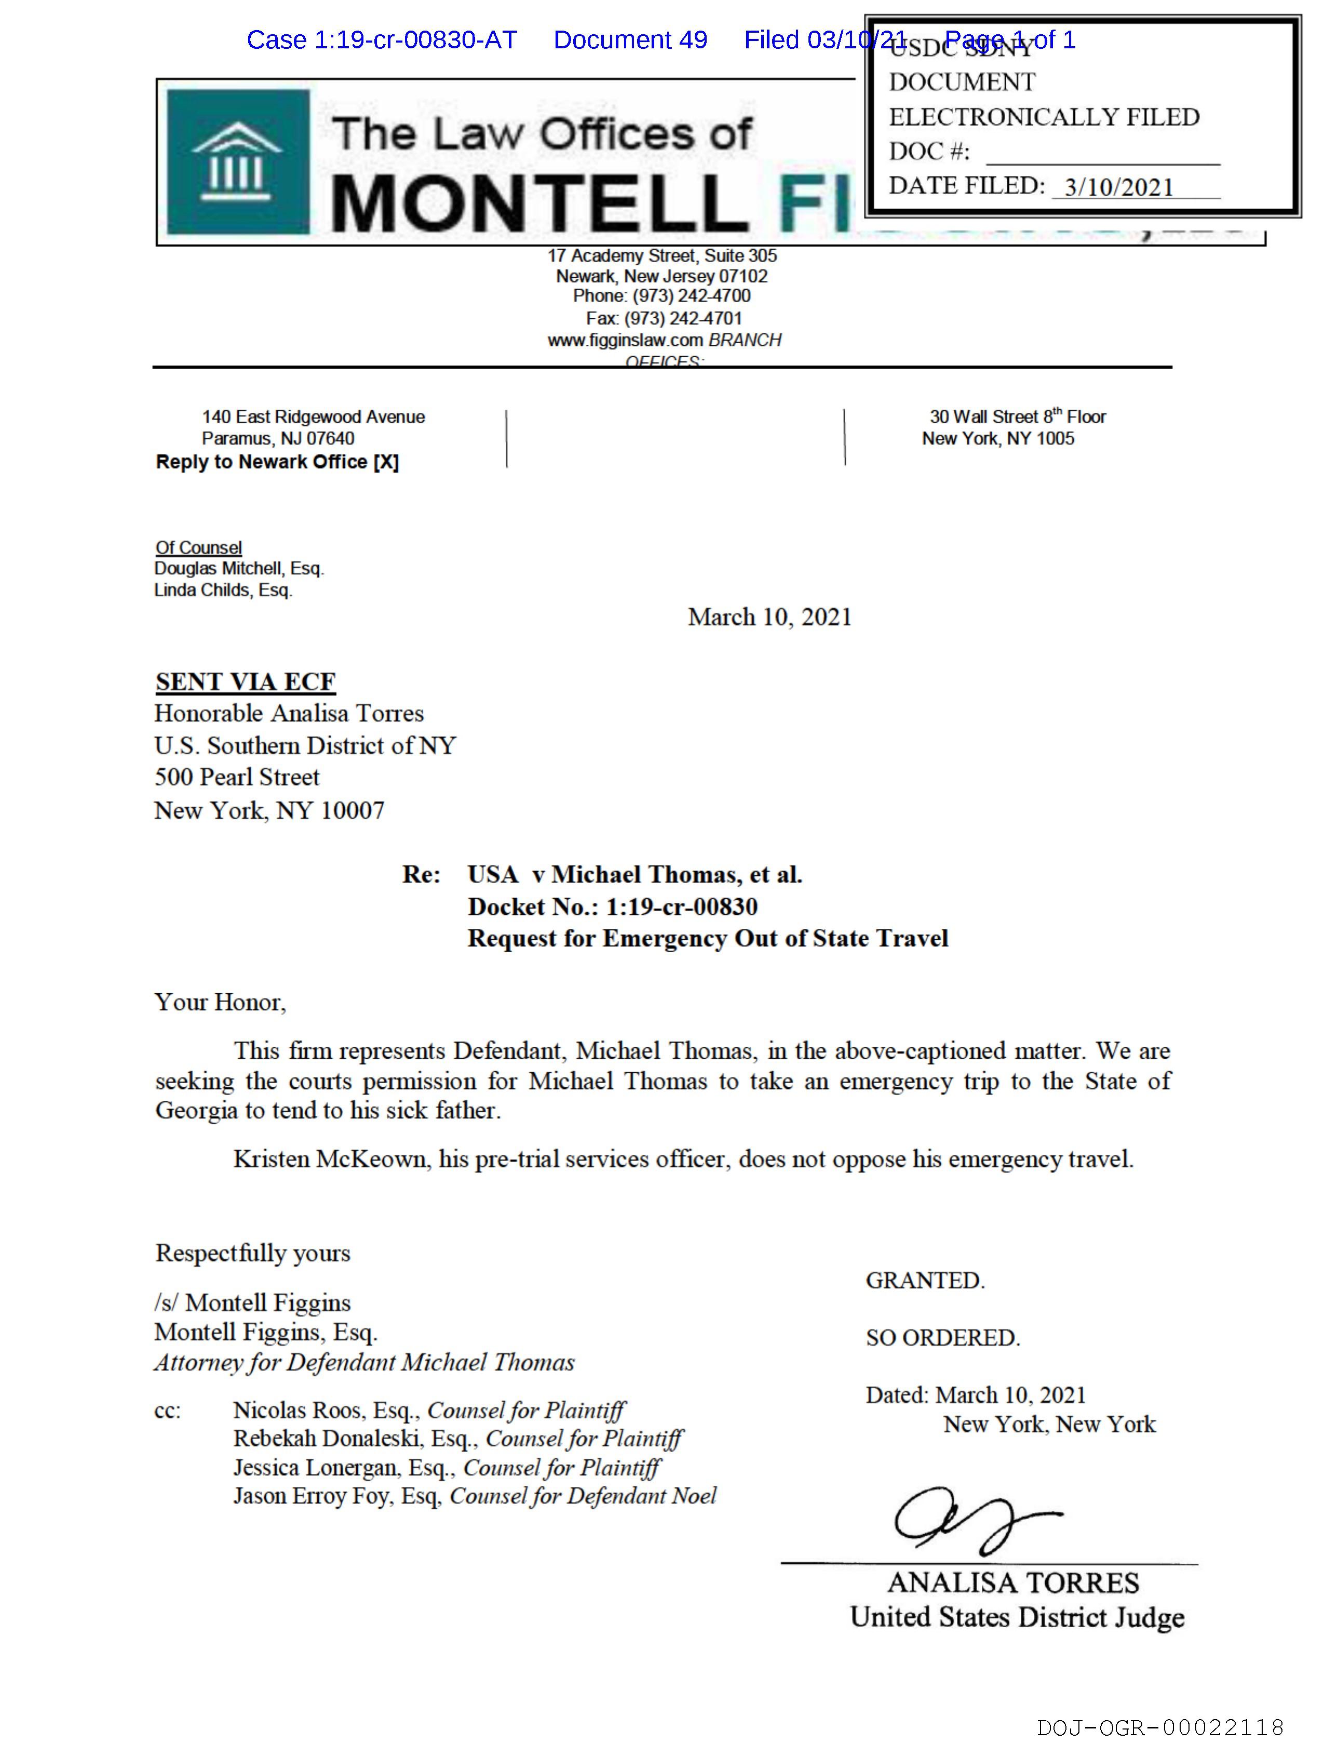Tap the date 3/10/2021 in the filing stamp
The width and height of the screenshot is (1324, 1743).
click(1118, 187)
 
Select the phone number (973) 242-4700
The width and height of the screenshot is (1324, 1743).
click(691, 296)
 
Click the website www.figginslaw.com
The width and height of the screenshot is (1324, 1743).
click(625, 341)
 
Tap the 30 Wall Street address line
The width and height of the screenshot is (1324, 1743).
click(1018, 417)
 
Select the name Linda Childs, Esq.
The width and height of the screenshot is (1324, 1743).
click(223, 590)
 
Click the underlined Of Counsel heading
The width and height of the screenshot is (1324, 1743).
click(198, 548)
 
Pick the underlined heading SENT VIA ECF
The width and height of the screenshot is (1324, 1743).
click(245, 682)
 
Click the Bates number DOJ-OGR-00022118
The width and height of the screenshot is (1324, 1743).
click(1160, 1728)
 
